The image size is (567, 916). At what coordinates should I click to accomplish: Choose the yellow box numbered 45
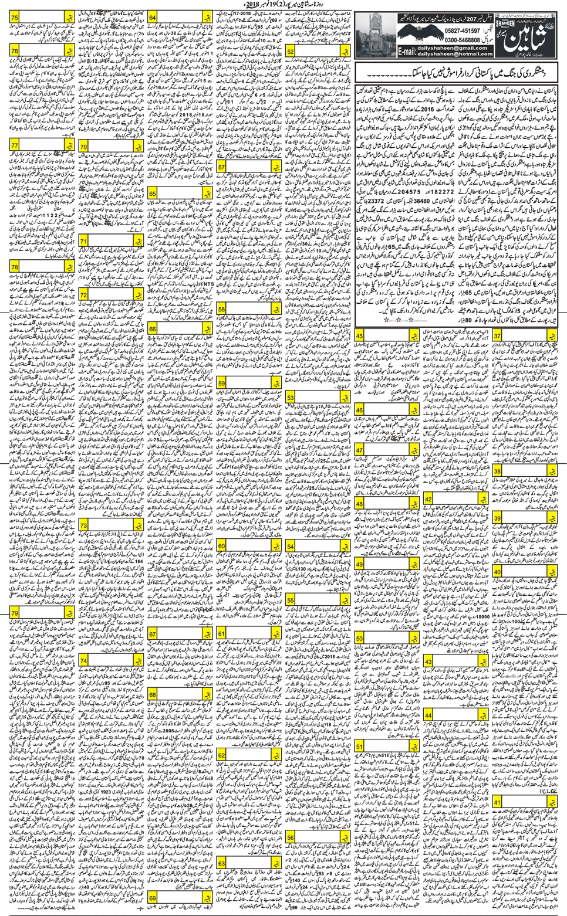click(359, 336)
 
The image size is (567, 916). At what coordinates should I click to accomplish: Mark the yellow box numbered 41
click(497, 803)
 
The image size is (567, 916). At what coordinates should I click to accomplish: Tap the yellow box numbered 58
click(221, 310)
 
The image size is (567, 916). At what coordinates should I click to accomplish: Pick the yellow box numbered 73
click(83, 525)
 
